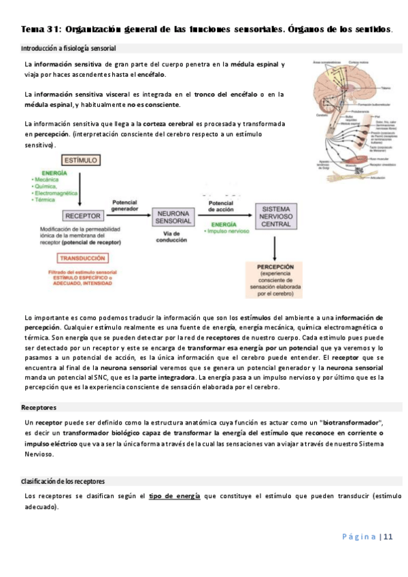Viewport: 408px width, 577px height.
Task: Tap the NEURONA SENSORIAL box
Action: pyautogui.click(x=174, y=216)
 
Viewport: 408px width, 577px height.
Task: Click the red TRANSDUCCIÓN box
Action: pyautogui.click(x=82, y=259)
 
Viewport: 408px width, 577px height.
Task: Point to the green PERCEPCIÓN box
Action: pyautogui.click(x=275, y=281)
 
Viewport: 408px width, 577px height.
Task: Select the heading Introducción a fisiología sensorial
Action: pyautogui.click(x=69, y=49)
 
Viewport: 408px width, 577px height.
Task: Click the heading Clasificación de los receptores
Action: pyautogui.click(x=63, y=481)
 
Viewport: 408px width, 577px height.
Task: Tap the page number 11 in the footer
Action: pyautogui.click(x=388, y=536)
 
